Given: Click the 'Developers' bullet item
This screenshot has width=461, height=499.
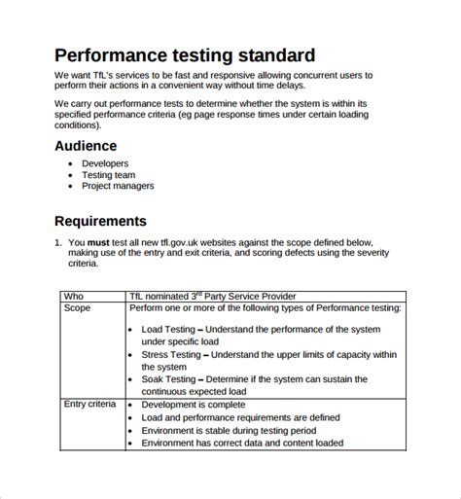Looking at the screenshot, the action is click(105, 163).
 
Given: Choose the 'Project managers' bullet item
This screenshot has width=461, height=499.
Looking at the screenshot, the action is click(118, 186).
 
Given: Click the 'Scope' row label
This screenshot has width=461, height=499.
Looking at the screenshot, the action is click(77, 307).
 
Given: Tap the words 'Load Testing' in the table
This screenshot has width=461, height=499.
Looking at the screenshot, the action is click(168, 330).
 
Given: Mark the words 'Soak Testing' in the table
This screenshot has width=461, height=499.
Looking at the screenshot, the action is click(169, 379).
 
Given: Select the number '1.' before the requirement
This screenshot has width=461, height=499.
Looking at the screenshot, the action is click(56, 241).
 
